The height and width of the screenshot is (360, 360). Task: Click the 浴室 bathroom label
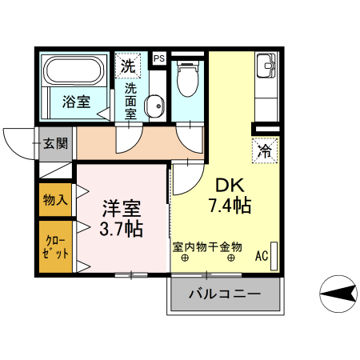pos(75,101)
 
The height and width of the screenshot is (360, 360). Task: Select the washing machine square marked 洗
pos(128,65)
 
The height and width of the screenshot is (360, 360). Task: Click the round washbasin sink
pos(153,105)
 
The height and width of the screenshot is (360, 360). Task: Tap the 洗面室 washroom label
pos(130,101)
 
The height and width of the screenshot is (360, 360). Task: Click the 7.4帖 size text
pos(230,206)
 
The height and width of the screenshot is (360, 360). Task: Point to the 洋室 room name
pos(122,210)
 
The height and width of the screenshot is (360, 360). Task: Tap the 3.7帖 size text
pos(122,230)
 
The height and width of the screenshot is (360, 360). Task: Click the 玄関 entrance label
pos(56,144)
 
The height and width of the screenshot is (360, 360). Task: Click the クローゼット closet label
pos(55,246)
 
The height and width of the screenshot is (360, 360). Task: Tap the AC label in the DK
pos(261,257)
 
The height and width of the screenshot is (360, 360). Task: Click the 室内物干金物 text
pos(207,246)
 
